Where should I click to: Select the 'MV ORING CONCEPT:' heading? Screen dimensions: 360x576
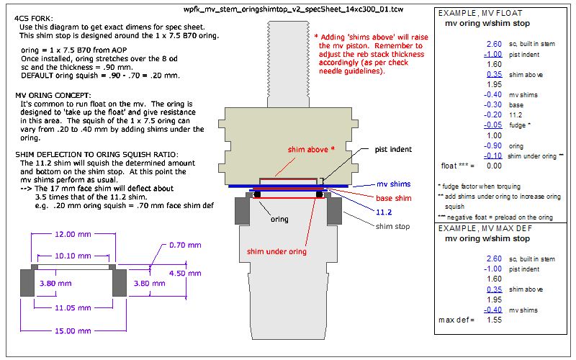53,95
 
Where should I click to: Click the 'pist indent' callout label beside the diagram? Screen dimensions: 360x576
392,150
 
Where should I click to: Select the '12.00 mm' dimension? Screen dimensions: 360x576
73,234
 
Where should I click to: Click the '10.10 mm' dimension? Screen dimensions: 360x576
73,256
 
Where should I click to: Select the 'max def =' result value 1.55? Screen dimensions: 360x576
494,319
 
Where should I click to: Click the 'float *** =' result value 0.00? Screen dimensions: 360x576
494,165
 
